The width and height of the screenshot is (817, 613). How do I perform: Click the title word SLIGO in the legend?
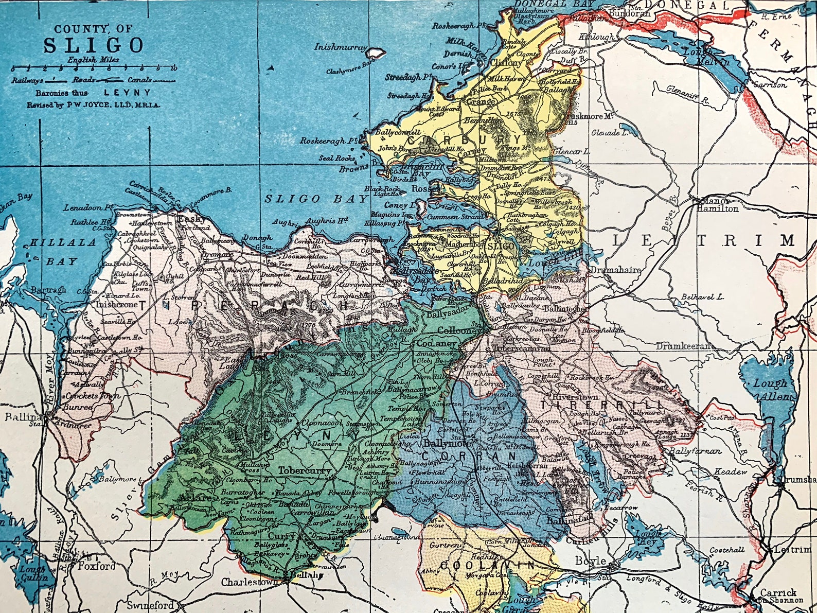tap(93, 45)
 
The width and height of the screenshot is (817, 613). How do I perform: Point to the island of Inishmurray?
tap(376, 52)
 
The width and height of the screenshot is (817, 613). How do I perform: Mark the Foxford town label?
tap(97, 566)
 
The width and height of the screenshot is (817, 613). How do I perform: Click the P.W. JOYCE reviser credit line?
tap(93, 104)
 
